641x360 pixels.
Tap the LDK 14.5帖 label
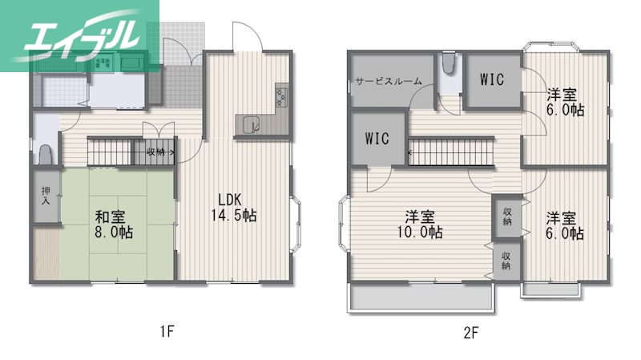[228, 208]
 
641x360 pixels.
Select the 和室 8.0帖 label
[115, 224]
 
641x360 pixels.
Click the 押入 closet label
[45, 195]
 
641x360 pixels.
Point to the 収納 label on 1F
[156, 151]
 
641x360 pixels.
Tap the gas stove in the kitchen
[282, 96]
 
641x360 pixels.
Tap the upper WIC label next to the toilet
[492, 79]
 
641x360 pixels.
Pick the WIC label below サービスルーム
[377, 138]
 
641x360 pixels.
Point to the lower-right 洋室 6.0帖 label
[565, 225]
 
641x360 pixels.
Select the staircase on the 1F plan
[115, 151]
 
